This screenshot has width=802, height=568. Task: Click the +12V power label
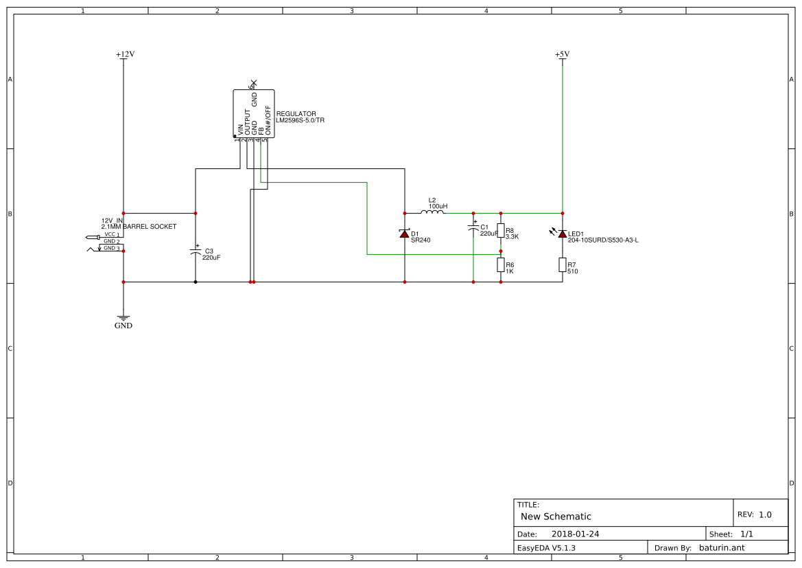[x=124, y=54]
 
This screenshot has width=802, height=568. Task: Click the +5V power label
[x=562, y=54]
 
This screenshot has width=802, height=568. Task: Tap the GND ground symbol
[x=123, y=319]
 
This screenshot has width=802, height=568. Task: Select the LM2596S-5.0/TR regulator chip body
[x=253, y=113]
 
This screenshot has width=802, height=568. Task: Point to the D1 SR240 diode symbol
[x=405, y=234]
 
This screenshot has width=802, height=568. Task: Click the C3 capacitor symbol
[x=196, y=253]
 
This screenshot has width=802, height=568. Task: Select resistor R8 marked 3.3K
[x=501, y=231]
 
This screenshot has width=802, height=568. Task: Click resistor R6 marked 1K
[x=501, y=265]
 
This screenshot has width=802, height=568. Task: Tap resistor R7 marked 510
[x=563, y=265]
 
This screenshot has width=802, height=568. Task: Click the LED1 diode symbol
[x=563, y=234]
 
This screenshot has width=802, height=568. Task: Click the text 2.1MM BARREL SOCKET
[x=139, y=227]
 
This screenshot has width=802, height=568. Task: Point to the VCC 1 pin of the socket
[x=111, y=235]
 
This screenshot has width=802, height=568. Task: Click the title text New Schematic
[x=556, y=516]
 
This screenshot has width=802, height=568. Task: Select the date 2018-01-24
[x=575, y=534]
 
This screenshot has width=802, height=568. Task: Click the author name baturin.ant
[x=721, y=547]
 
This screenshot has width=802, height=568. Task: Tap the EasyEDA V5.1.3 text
[x=546, y=547]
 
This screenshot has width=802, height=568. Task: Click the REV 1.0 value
[x=765, y=514]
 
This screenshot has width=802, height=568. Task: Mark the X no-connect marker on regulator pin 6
[x=254, y=82]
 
